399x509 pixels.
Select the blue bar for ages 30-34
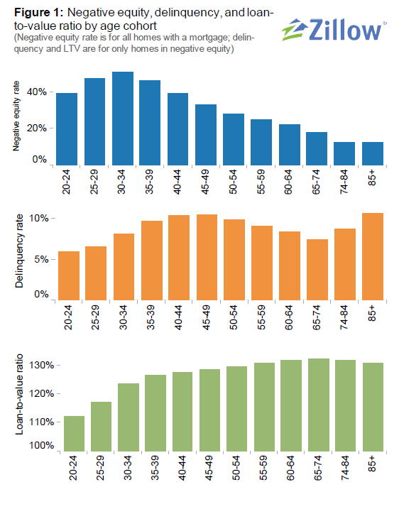[122, 118]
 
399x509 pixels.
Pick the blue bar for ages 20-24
[67, 128]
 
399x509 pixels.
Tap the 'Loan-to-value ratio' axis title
[16, 404]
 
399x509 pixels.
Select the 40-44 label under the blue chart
[178, 183]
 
